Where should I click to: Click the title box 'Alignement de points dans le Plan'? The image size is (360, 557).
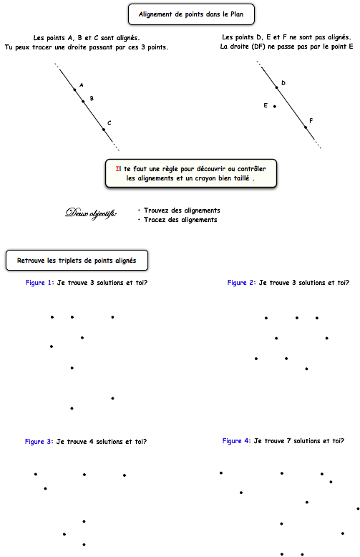[x=191, y=14]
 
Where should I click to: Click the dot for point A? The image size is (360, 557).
[x=74, y=89]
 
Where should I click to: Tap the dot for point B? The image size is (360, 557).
[x=83, y=101]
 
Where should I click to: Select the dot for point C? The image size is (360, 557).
[x=104, y=130]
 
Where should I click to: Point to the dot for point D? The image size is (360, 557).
[x=276, y=87]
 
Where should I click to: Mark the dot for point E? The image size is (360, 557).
[x=275, y=106]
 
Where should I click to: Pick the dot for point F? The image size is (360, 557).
[x=306, y=127]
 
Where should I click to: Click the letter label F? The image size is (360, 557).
[x=311, y=121]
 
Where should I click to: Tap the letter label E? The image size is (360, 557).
[x=266, y=105]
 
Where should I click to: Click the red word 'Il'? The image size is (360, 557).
[x=118, y=169]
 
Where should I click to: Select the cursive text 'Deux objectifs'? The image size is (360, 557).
[x=91, y=213]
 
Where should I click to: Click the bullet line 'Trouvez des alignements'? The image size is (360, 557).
[x=182, y=210]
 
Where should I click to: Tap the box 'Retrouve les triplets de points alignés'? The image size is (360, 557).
[x=77, y=261]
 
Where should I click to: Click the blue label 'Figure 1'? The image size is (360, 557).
[x=35, y=283]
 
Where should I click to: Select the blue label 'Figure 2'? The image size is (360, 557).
[x=237, y=283]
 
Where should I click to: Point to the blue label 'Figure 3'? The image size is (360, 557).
[x=34, y=442]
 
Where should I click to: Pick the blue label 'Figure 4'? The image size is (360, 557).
[x=232, y=441]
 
